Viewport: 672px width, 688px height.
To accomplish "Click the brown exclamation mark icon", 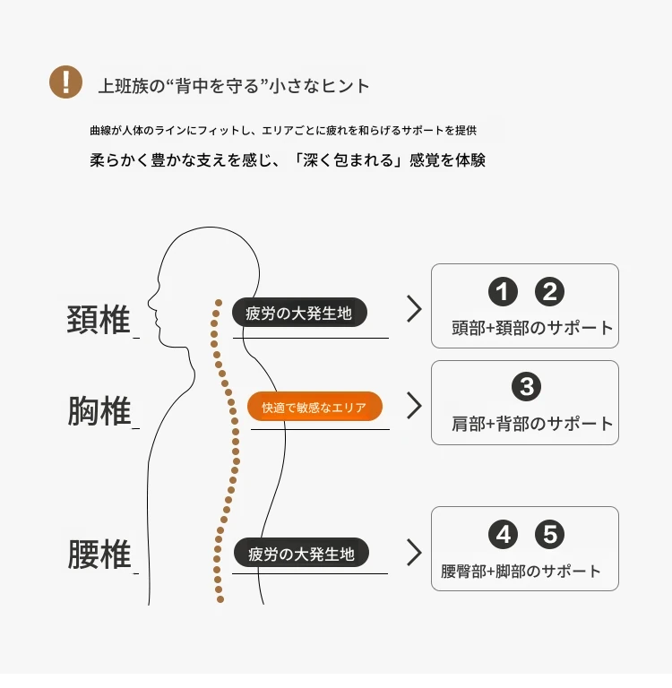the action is point(65,82).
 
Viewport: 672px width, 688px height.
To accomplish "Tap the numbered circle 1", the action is point(503,292).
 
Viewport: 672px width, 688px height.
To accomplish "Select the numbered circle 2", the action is point(549,292).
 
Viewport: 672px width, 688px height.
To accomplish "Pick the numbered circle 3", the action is point(526,387).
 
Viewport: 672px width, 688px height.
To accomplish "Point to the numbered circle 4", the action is point(503,535).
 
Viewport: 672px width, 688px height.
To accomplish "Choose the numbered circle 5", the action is point(549,535).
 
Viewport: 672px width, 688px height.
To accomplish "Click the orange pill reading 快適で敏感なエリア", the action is point(314,407).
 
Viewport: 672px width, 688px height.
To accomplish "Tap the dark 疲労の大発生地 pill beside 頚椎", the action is point(299,313).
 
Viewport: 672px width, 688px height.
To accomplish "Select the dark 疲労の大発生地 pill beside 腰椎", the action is point(301,553).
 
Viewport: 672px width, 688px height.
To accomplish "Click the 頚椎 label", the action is point(99,320).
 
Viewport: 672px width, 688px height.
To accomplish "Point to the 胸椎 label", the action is point(99,410).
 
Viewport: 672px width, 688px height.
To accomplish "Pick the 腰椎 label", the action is point(99,555).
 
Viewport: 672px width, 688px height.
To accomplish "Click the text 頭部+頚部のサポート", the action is point(532,328).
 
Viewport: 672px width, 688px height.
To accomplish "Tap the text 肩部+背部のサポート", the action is point(532,424).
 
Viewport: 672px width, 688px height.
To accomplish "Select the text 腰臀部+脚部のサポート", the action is point(521,572).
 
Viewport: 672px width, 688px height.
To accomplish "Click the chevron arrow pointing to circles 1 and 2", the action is point(414,309).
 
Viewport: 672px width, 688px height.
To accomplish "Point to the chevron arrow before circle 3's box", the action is point(414,406).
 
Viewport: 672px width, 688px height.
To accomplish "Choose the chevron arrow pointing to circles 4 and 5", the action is point(414,553).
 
